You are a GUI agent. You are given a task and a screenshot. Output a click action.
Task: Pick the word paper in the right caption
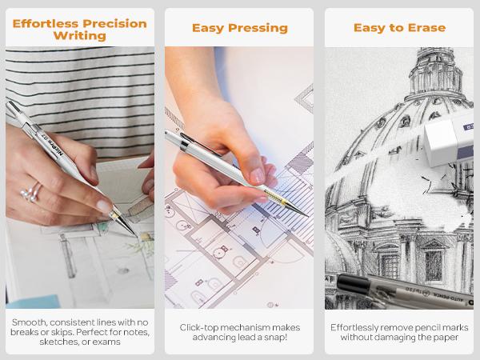tap(445, 338)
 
